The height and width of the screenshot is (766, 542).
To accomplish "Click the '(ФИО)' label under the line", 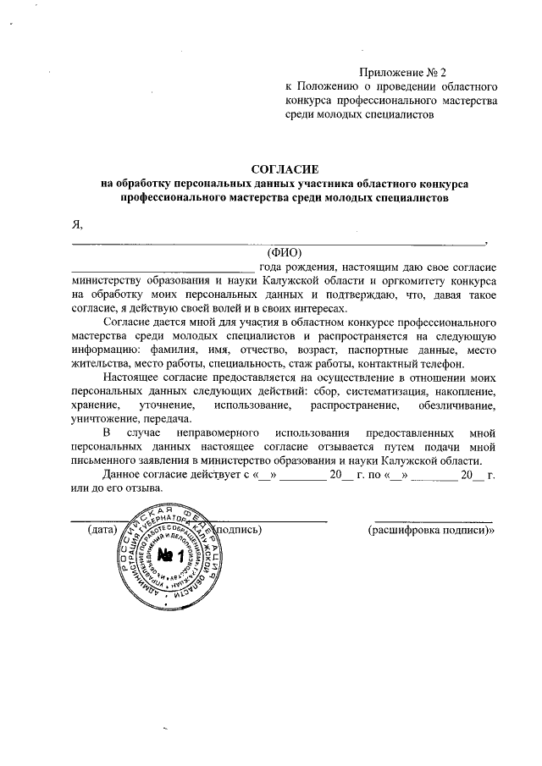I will click(285, 251).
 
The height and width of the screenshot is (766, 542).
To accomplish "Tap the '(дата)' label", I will click(102, 531).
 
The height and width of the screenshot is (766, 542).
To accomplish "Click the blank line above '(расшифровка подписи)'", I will click(434, 521).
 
